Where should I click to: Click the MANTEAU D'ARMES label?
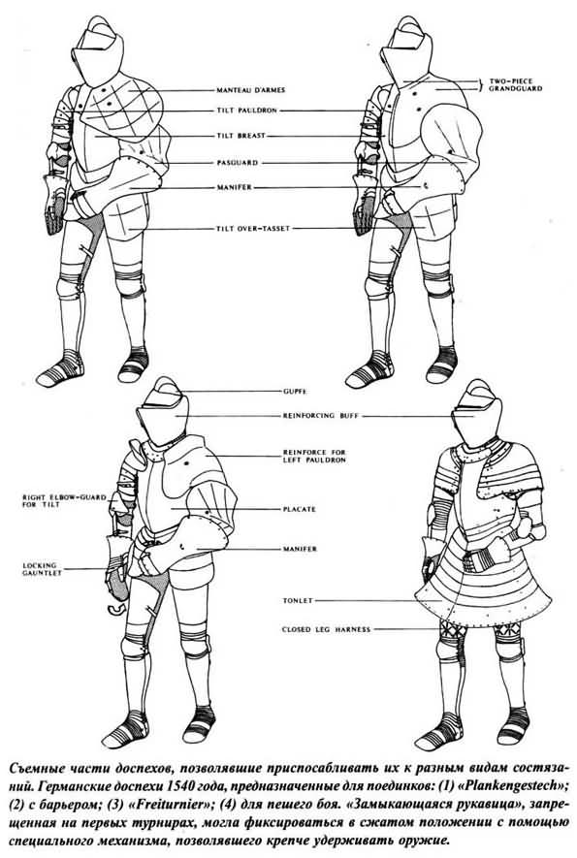point(250,90)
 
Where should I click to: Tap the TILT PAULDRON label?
point(246,111)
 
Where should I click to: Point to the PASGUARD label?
point(237,163)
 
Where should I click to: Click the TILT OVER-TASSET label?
point(252,229)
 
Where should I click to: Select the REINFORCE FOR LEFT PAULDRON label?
point(314,457)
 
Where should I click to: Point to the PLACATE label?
point(300,509)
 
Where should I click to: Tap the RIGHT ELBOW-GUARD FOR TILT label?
point(56,500)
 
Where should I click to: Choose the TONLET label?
point(298,601)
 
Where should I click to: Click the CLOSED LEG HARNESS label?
point(326,630)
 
